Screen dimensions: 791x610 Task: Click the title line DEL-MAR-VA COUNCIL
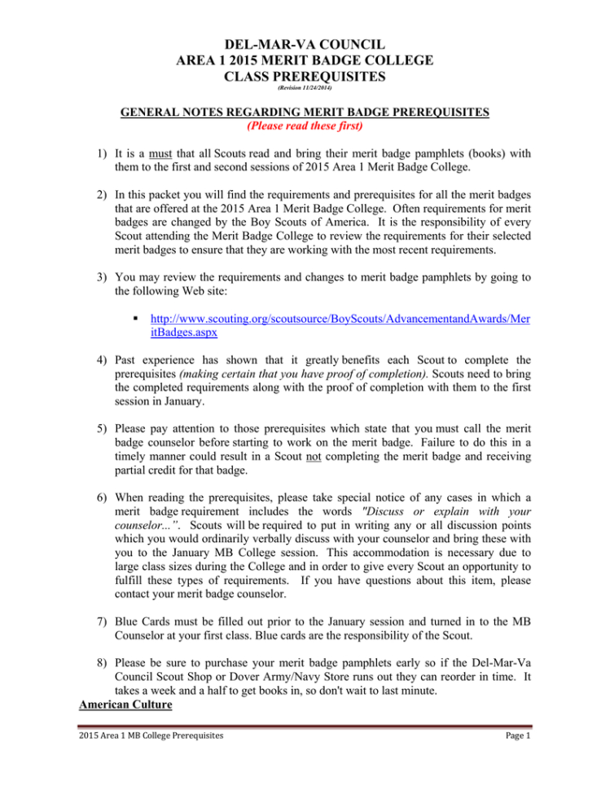point(305,42)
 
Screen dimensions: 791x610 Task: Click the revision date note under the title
point(305,87)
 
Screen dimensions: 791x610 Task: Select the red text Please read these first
point(305,126)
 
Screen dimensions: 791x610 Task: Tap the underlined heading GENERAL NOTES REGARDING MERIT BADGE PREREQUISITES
point(305,113)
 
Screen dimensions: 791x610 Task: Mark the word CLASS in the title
point(252,77)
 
